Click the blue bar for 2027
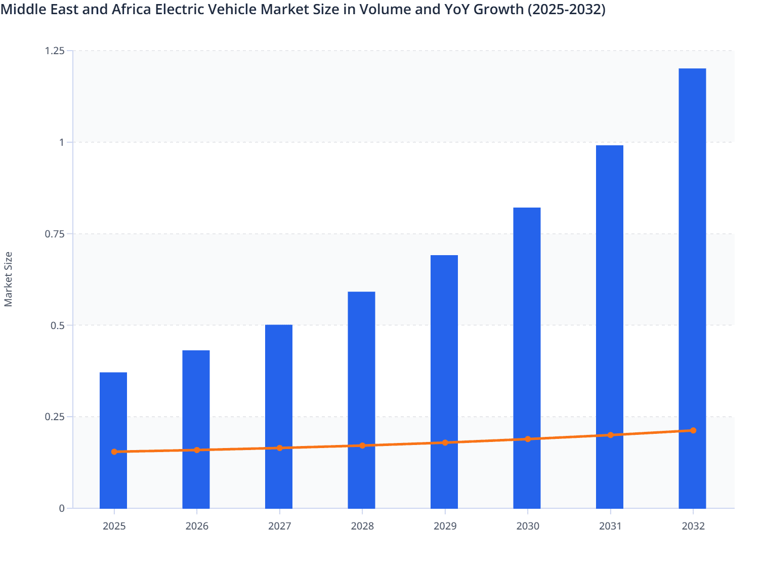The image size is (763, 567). pos(279,385)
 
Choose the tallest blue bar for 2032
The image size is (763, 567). pos(692,253)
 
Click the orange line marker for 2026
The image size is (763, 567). pos(197,450)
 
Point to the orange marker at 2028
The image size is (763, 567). pos(362,445)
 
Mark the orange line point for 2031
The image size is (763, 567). pos(610,435)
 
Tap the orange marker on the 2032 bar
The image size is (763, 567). pos(693,430)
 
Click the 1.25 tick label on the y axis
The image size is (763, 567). pos(55,51)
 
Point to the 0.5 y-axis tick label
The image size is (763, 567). pos(58,326)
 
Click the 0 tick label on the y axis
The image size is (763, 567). pos(62,508)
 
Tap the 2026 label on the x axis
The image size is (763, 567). pos(197,526)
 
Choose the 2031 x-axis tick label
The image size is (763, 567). pos(610,526)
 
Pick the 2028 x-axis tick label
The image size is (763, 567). pos(362,526)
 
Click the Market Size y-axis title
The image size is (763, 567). pos(9,279)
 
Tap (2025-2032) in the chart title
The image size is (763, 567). pos(566,9)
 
